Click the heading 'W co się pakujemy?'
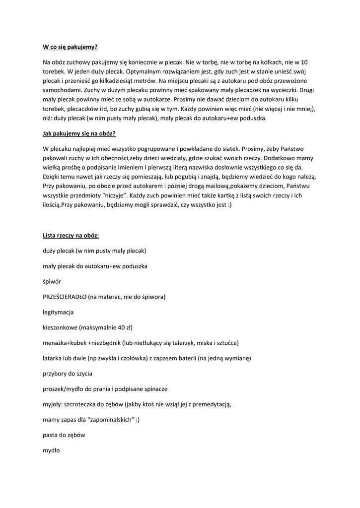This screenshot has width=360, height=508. coord(71,47)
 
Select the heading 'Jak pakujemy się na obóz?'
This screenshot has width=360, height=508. coord(79,133)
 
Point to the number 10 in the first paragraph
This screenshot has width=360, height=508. coord(304,62)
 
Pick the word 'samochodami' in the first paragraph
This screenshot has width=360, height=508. coord(63,90)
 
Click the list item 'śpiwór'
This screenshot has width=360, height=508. coord(52,281)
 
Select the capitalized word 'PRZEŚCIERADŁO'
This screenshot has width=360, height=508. coord(65,297)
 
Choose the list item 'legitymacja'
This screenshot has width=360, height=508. coord(59,312)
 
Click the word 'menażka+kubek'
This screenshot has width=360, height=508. coord(65,343)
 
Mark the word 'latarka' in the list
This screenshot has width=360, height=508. coord(53,358)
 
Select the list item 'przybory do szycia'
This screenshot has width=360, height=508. coord(68,373)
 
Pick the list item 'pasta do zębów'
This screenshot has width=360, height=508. coord(64,435)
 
